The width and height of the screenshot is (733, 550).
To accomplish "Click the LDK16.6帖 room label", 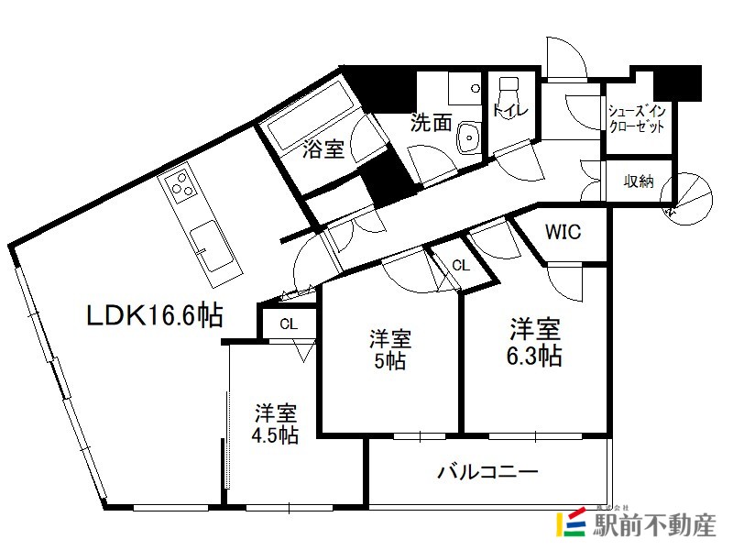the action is coord(155,315).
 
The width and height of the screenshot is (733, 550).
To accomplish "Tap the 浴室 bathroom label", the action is coord(323,148).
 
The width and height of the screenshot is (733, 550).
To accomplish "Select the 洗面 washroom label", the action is coord(431,122).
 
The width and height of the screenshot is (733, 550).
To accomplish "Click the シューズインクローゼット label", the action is coord(637,119).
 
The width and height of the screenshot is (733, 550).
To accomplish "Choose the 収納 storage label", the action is coord(639,181).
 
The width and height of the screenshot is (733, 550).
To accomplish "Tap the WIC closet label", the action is coord(563,232).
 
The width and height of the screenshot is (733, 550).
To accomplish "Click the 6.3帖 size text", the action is coord(534,357).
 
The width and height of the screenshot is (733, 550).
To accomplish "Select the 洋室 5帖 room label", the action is coord(390,349).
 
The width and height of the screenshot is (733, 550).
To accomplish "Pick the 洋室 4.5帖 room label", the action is coord(276,423).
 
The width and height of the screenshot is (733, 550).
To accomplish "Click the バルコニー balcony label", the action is coord(487,472).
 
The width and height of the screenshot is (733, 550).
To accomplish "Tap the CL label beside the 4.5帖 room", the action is coord(289,324).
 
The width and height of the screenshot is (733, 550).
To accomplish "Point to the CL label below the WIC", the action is coord(461,266).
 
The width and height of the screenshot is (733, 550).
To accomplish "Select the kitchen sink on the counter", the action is coord(213,246).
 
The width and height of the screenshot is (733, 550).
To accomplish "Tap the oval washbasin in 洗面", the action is coord(468,137).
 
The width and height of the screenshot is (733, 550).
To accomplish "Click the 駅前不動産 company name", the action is coord(654,524).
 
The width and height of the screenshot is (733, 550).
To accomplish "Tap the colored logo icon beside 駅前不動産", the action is coord(571,522).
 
